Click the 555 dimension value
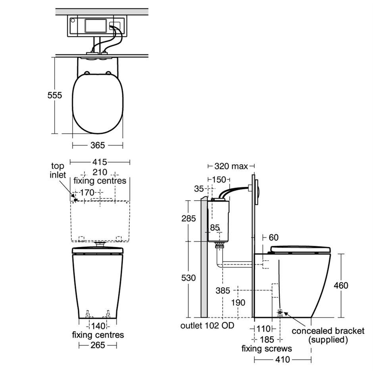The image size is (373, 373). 55,95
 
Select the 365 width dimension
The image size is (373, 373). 98,145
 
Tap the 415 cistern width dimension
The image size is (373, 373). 100,162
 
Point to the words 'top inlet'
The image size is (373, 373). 58,170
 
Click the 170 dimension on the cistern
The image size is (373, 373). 87,192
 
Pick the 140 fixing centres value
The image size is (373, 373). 98,326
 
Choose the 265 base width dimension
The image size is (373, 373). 98,345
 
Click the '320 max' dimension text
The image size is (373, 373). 231,166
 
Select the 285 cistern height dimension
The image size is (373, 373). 188,218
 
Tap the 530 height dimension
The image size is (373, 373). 188,278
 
